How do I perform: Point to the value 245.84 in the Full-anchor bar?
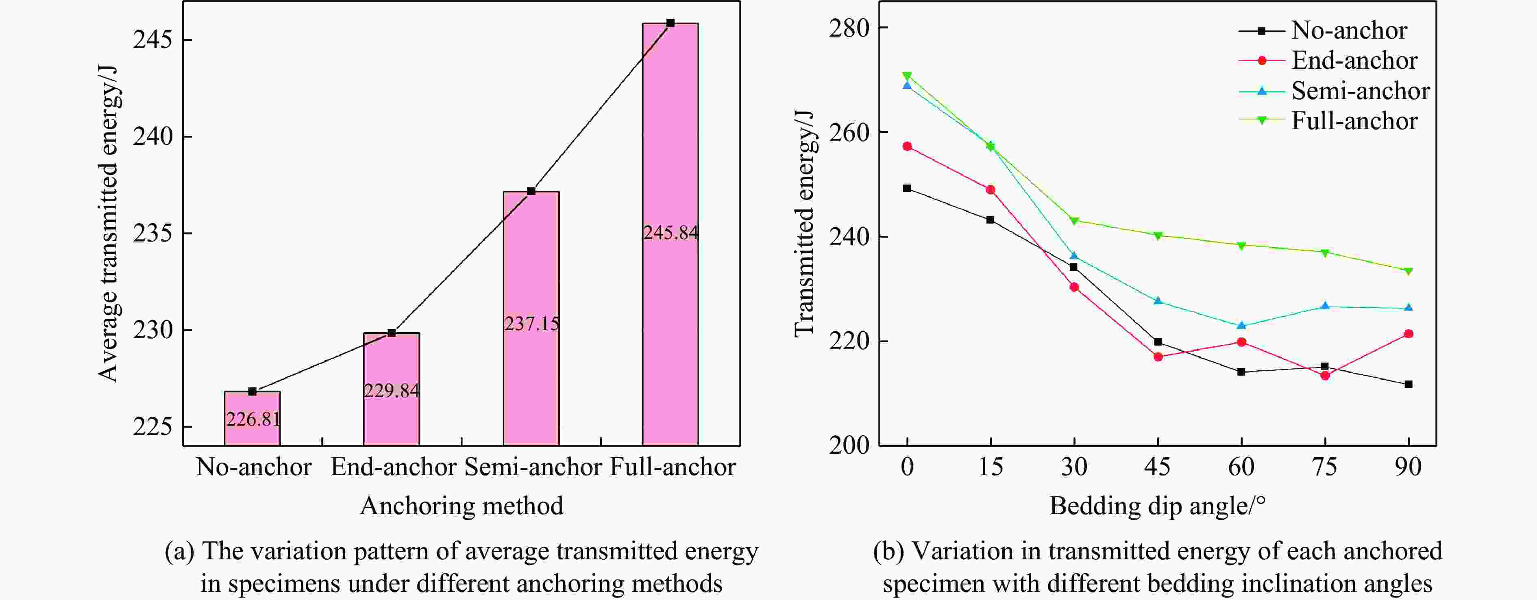(x=670, y=232)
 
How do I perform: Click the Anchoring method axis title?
(x=461, y=506)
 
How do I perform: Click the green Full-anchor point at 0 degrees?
(x=907, y=76)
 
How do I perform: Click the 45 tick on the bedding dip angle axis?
(x=1158, y=466)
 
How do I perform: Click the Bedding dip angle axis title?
(x=1158, y=506)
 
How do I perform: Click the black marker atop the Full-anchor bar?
(x=670, y=23)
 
